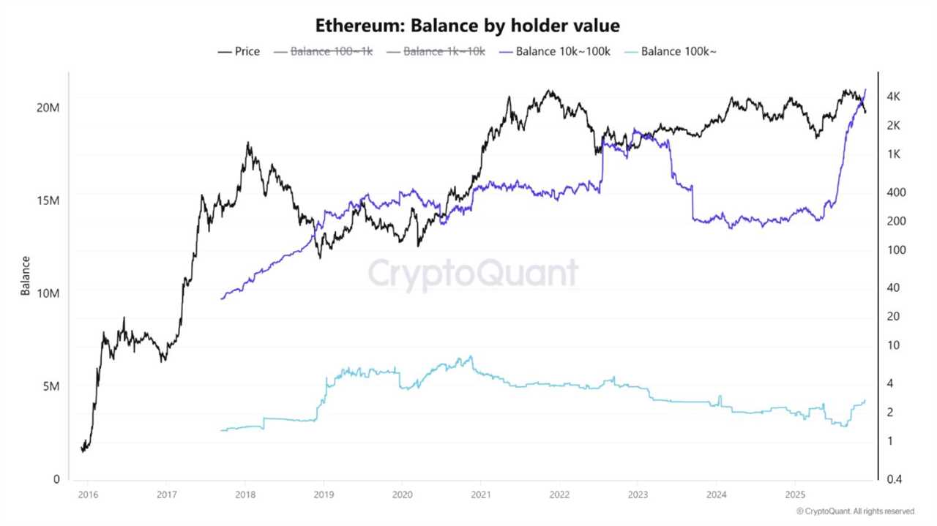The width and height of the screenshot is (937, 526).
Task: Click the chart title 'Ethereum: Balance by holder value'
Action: pos(468,26)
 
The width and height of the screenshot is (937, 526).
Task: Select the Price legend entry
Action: pos(239,51)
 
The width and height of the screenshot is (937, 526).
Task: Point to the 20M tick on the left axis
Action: pos(48,108)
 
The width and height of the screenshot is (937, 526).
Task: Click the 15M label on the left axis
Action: pos(48,200)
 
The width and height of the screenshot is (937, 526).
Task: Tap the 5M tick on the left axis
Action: pos(51,386)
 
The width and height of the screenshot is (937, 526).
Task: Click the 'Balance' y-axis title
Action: pos(26,276)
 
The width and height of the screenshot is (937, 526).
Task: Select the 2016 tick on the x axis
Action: pos(87,495)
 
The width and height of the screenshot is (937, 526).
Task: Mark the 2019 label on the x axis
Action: pos(323,495)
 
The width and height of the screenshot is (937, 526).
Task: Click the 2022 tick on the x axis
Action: pos(559,495)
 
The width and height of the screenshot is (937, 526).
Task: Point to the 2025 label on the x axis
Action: pos(795,495)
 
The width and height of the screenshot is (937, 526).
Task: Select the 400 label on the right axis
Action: pos(896,192)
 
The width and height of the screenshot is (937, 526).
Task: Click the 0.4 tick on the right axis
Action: pos(895,479)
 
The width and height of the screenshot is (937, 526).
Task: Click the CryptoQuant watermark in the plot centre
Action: pos(473,274)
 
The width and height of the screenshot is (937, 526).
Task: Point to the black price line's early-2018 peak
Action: pos(248,143)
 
